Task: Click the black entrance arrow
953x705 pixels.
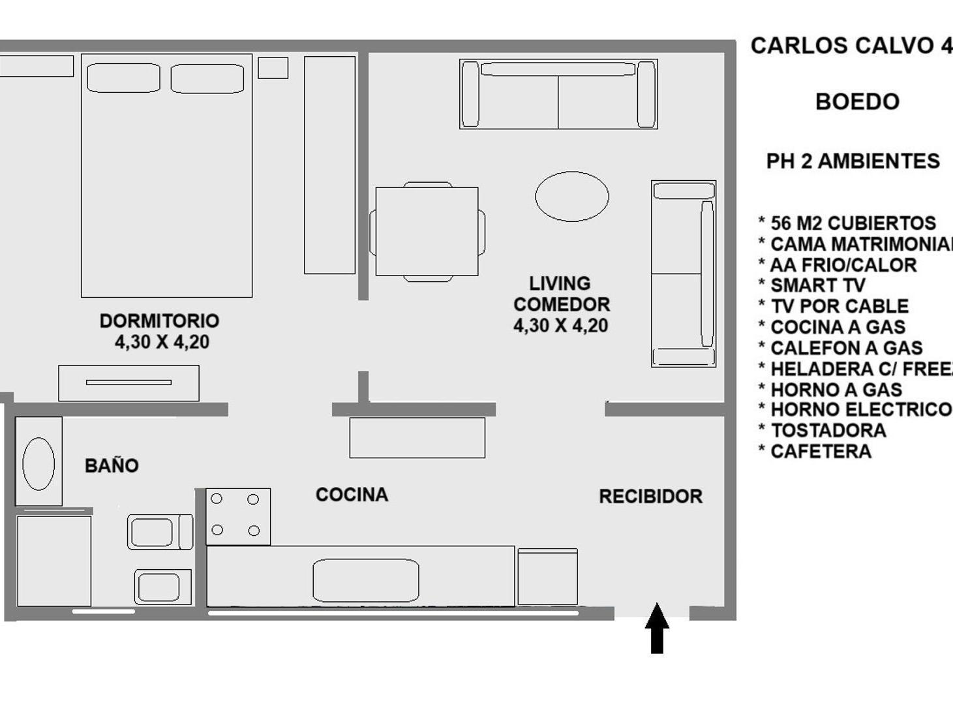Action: pyautogui.click(x=657, y=628)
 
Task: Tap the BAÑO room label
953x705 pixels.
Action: pyautogui.click(x=112, y=465)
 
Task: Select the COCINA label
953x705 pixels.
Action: pyautogui.click(x=352, y=495)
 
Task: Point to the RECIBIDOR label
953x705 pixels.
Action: pyautogui.click(x=650, y=496)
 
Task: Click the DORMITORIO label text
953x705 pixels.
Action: pyautogui.click(x=159, y=321)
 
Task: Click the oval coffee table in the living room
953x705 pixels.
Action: pyautogui.click(x=572, y=196)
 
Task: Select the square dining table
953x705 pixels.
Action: pyautogui.click(x=427, y=232)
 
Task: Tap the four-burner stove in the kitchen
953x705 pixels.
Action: pyautogui.click(x=238, y=516)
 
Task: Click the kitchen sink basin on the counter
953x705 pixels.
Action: pyautogui.click(x=365, y=580)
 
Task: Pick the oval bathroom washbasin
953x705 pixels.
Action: pyautogui.click(x=38, y=463)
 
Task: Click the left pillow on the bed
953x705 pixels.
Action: pyautogui.click(x=123, y=78)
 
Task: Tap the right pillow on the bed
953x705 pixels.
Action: pyautogui.click(x=207, y=78)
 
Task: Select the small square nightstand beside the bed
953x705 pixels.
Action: pyautogui.click(x=273, y=68)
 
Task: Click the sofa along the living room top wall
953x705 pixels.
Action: pyautogui.click(x=558, y=95)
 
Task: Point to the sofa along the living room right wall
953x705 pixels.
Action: pyautogui.click(x=684, y=274)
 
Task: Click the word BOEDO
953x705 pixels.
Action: pyautogui.click(x=857, y=102)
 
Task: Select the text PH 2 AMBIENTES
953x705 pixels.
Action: pyautogui.click(x=853, y=161)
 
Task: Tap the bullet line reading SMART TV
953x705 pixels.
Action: pyautogui.click(x=817, y=285)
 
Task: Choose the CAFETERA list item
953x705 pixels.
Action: pyautogui.click(x=821, y=451)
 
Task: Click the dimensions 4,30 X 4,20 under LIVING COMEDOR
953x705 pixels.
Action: pyautogui.click(x=560, y=325)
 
